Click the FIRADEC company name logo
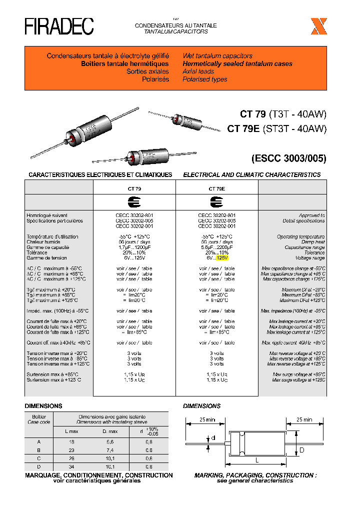point(59,26)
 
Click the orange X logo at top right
point(318,26)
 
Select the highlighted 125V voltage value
point(221,258)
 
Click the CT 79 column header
point(134,189)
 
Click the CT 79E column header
point(216,189)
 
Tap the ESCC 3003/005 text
point(288,159)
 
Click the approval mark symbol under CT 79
point(134,202)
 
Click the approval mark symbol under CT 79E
point(216,202)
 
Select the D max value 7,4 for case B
point(110,450)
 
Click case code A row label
point(39,442)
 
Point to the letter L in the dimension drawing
point(257,459)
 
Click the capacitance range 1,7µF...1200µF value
point(134,247)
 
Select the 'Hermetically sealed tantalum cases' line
point(237,64)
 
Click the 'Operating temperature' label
point(300,236)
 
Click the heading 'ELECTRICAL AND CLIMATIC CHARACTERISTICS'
point(251,174)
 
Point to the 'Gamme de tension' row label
point(47,258)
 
